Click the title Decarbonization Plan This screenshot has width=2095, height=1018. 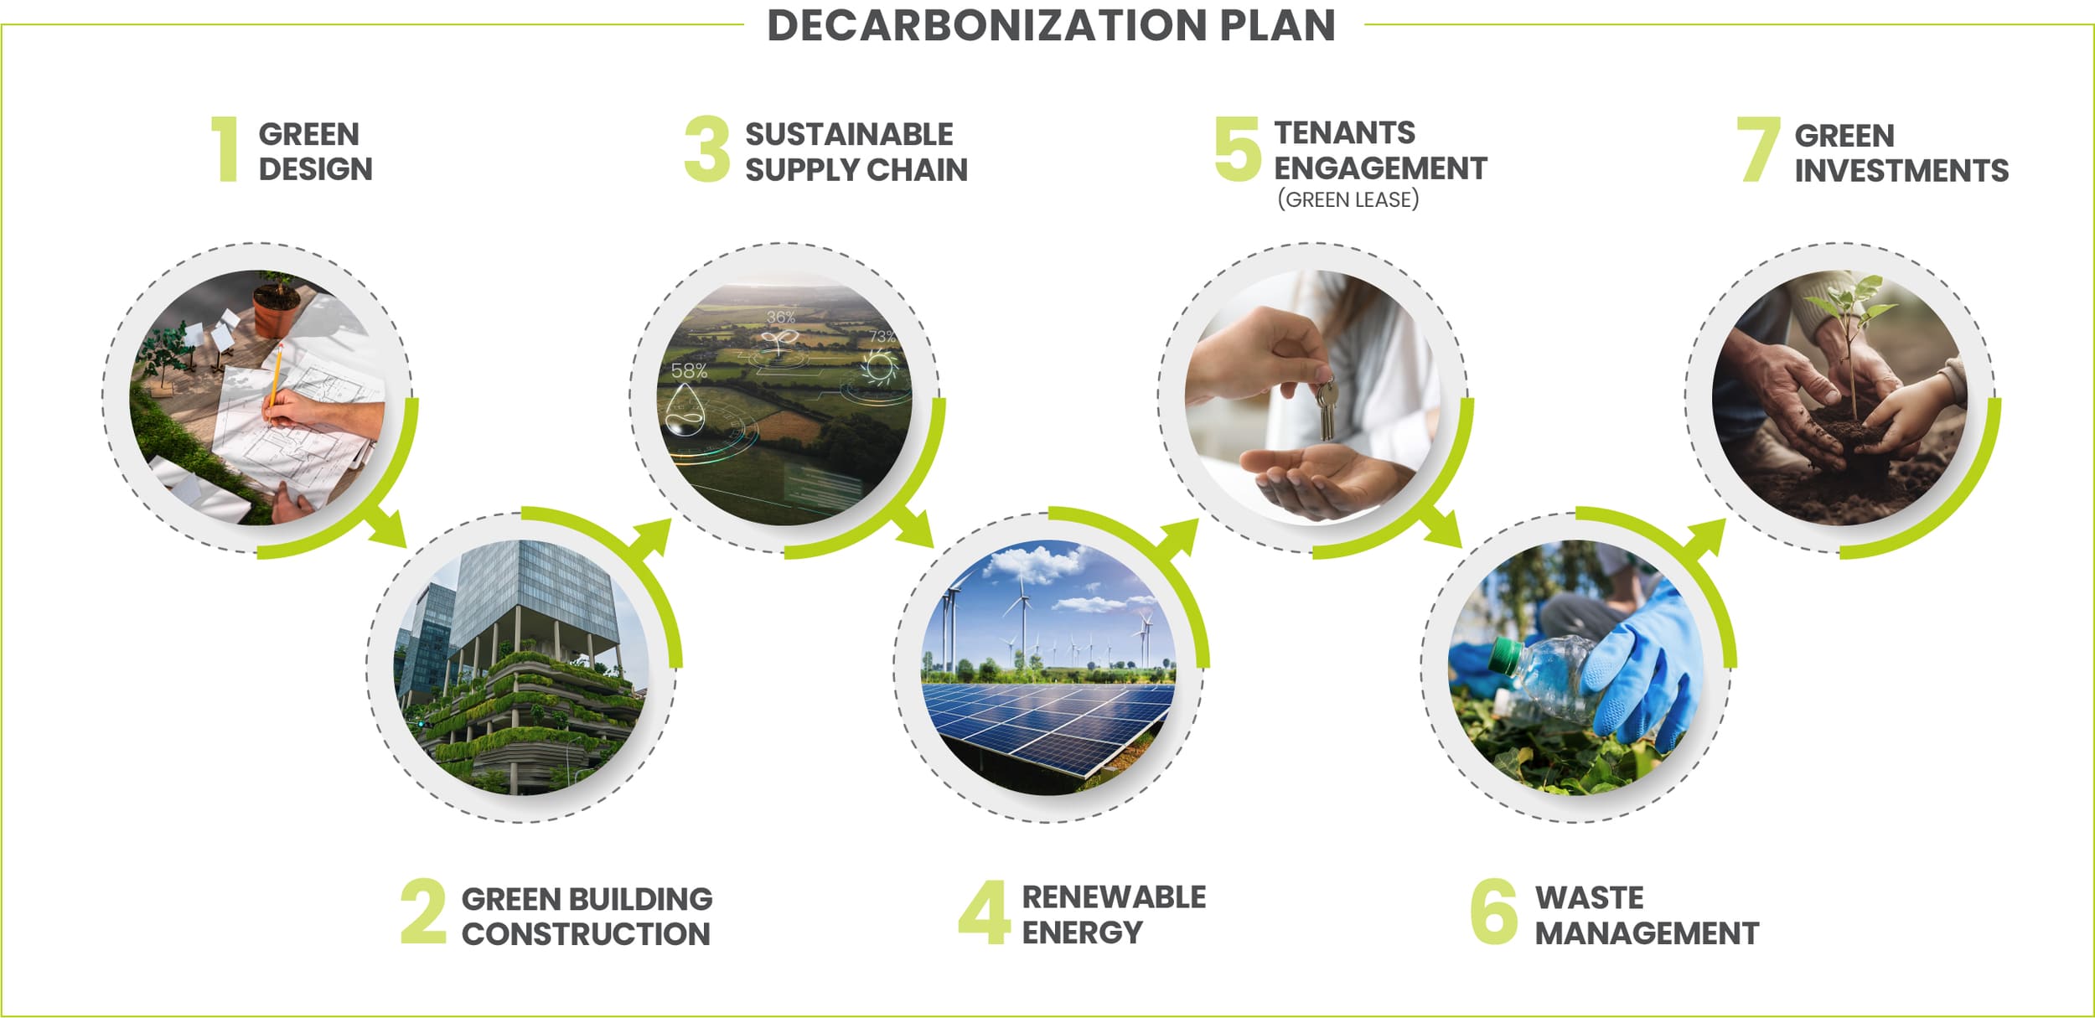coord(1051,25)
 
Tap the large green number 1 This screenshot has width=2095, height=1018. coord(225,149)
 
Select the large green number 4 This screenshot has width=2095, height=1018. coord(984,912)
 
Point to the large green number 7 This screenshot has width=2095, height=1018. coord(1757,149)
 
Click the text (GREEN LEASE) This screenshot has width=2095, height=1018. coord(1348,199)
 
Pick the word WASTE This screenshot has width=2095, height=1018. coord(1589,897)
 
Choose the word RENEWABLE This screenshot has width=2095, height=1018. coord(1114,897)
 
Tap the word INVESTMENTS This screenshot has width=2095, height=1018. coord(1901,171)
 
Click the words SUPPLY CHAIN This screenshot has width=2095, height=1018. coord(856,170)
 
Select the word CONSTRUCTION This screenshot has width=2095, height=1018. coord(586,933)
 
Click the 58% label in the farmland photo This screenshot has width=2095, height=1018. coord(689,370)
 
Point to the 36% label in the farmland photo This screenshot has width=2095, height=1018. coord(780,317)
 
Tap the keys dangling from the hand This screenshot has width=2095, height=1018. coord(1326,409)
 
